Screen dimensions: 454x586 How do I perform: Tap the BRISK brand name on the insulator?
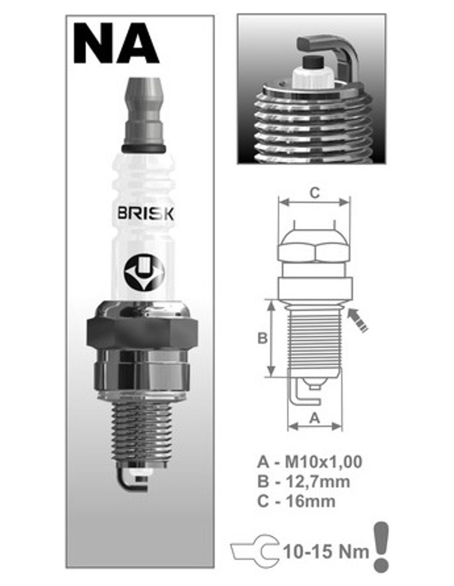146,214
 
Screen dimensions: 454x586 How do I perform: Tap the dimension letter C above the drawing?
315,193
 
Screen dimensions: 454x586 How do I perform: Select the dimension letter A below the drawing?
315,418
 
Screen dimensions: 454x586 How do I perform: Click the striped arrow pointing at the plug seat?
358,320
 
